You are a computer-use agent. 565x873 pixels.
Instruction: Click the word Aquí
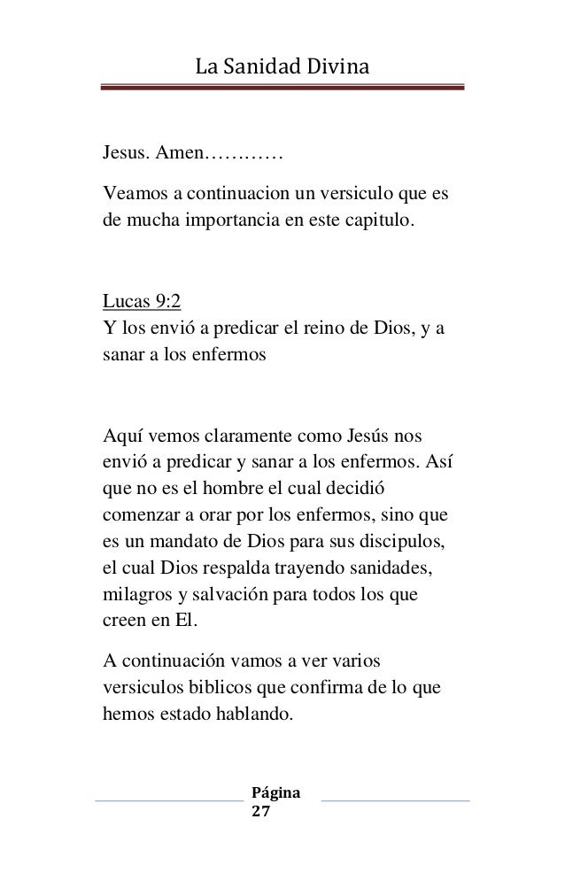(x=125, y=436)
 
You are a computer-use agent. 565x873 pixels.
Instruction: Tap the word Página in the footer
(x=276, y=791)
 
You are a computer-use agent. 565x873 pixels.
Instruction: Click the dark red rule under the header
(x=282, y=88)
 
